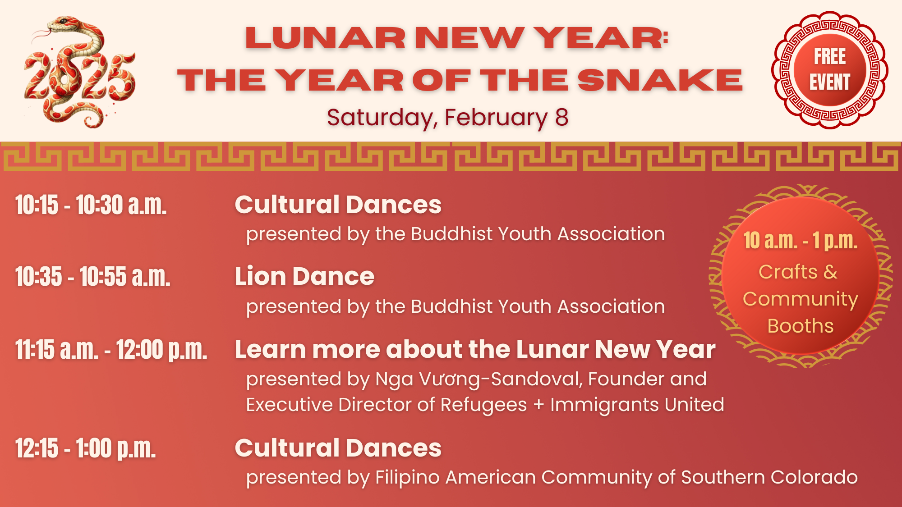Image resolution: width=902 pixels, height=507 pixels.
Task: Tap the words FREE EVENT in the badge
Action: click(x=830, y=69)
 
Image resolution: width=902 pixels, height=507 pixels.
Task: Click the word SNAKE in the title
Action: click(x=660, y=81)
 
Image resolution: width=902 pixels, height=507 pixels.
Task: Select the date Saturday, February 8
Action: click(x=447, y=117)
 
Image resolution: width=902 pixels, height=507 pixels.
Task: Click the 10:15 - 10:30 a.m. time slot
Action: click(x=91, y=205)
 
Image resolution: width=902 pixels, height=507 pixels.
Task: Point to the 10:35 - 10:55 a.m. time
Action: click(x=93, y=276)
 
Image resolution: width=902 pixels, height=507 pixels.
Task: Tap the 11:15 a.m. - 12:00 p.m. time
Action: click(x=111, y=350)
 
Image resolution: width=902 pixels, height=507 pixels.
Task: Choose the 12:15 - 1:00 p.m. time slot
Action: click(x=86, y=448)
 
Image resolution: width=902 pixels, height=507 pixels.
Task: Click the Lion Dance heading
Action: click(x=304, y=276)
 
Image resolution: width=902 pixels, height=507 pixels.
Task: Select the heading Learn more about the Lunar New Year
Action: click(x=475, y=349)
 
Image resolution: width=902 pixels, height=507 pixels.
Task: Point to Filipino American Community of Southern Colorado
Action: click(x=617, y=478)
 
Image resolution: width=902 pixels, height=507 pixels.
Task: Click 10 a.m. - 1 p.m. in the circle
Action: click(x=801, y=241)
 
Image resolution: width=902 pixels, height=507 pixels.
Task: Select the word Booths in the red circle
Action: click(x=801, y=326)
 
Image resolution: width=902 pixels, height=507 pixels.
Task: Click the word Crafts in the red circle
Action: click(x=788, y=272)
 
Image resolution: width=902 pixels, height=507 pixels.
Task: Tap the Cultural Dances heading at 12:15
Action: click(x=338, y=448)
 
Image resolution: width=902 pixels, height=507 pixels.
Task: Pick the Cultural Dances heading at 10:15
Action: click(x=338, y=205)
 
